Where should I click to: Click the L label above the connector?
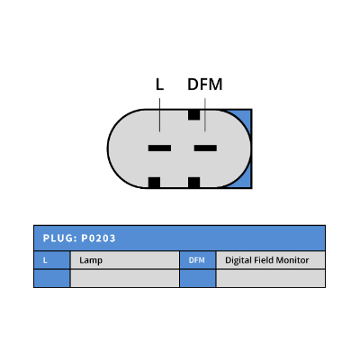point(159,85)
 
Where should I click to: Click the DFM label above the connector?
point(205,85)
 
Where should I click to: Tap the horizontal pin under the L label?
point(159,148)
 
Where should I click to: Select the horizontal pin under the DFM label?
point(205,148)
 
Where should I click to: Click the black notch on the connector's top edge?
point(193,114)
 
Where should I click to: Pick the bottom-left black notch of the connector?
point(154,183)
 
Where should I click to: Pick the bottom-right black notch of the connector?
point(193,183)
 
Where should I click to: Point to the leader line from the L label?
point(159,115)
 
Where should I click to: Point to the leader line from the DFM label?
point(205,115)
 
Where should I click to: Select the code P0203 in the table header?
point(98,238)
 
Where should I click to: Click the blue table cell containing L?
point(52,260)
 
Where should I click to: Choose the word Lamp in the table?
point(91,260)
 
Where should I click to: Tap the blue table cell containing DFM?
point(197,260)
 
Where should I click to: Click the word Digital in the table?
point(238,260)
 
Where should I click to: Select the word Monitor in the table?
point(292,260)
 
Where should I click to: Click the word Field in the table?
point(264,260)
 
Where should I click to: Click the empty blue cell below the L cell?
point(52,278)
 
